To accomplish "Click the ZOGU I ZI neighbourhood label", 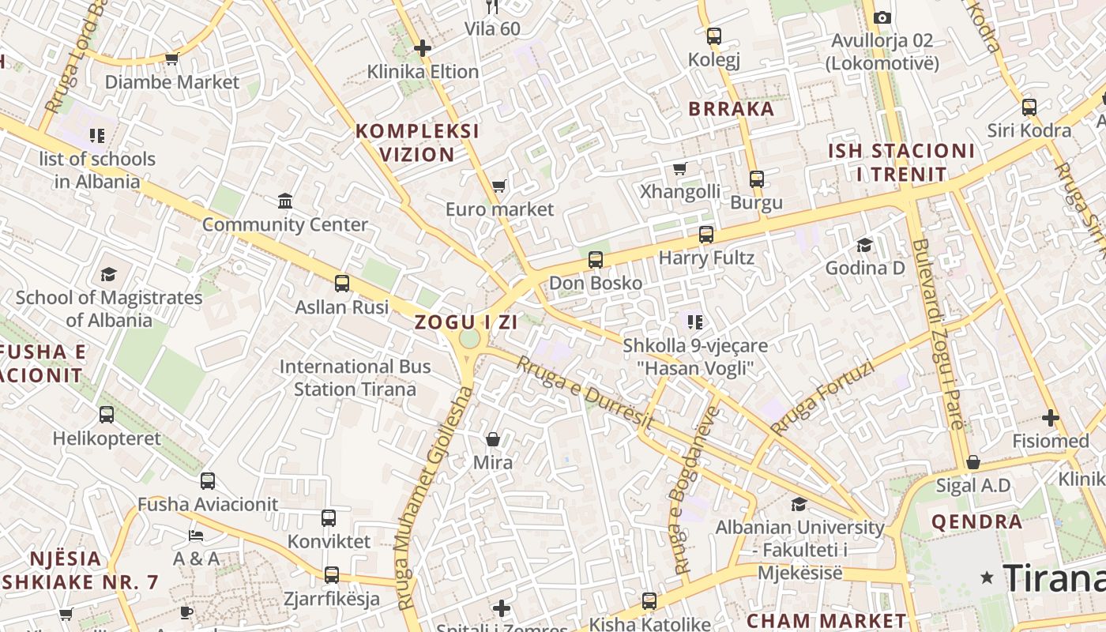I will click(x=466, y=322).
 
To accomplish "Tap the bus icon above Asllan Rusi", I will click(x=342, y=284).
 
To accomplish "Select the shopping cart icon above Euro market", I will click(x=498, y=186).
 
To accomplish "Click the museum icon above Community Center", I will click(x=285, y=201).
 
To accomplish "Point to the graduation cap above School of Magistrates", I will click(x=108, y=274).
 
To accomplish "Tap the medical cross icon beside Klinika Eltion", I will click(x=423, y=48).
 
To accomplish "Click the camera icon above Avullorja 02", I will click(x=882, y=17).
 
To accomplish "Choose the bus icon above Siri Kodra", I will click(x=1029, y=107).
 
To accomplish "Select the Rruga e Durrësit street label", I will click(x=585, y=393).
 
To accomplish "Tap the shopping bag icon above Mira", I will click(x=493, y=439).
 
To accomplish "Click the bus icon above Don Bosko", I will click(x=596, y=260).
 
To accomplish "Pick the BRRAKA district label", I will click(x=732, y=109).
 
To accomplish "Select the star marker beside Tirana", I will click(x=987, y=577).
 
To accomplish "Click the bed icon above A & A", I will click(x=197, y=536).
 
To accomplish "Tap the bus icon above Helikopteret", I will click(x=107, y=415).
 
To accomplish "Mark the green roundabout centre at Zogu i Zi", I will click(x=469, y=340).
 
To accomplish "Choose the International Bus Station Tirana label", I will click(x=355, y=378).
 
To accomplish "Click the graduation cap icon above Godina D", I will click(x=865, y=246).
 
